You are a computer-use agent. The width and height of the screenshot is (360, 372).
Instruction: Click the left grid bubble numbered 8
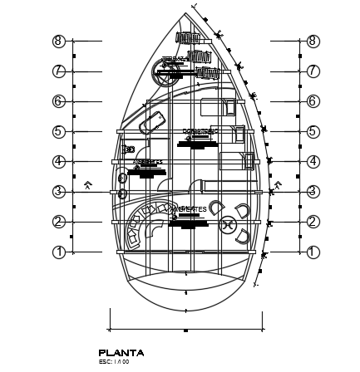(59, 41)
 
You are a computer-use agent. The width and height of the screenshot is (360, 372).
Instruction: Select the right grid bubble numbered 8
(313, 41)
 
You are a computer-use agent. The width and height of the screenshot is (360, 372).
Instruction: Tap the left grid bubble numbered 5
(59, 131)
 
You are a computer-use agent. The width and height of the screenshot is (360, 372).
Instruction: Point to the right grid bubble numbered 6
(313, 101)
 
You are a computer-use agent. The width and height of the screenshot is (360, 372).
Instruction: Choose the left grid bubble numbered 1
(59, 252)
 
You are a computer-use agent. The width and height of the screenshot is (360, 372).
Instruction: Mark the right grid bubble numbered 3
(313, 192)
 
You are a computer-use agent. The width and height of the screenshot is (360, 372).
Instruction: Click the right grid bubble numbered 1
(313, 252)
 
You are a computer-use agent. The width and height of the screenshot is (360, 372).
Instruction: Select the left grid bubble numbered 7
(59, 71)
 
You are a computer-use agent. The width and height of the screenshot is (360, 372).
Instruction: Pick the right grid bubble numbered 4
(313, 161)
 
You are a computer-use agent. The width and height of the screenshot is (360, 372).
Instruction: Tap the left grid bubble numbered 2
(59, 222)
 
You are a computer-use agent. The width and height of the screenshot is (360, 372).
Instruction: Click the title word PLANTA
(121, 353)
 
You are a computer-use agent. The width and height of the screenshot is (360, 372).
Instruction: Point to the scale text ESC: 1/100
(114, 361)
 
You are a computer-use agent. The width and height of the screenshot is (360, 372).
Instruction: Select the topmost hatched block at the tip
(187, 37)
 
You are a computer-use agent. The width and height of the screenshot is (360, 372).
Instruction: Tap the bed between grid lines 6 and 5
(217, 108)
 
